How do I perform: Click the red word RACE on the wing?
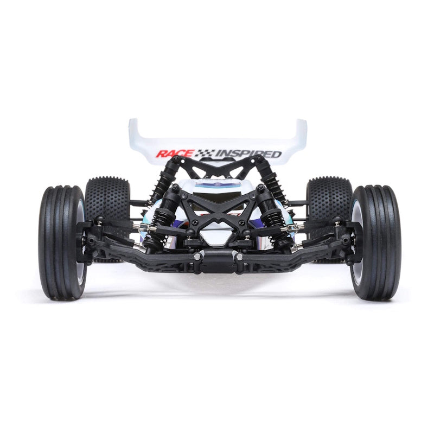174,154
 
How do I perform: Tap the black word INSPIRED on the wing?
249,154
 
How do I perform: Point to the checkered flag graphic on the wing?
204,154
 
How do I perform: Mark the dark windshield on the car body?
217,190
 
